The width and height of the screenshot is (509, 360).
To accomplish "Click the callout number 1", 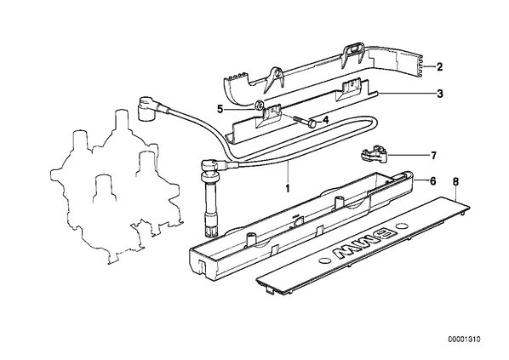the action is [x=288, y=188].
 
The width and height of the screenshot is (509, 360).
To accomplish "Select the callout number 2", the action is [x=439, y=67].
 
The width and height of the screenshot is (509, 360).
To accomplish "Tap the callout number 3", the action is [x=439, y=94].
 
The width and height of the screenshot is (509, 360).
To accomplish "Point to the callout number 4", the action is [x=326, y=120].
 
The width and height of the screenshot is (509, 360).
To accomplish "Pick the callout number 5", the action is [x=220, y=110].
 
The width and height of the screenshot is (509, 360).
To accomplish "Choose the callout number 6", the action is [x=433, y=181].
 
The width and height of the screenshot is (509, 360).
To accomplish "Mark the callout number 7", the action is [x=434, y=156].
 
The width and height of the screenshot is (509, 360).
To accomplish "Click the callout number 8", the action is [x=455, y=182].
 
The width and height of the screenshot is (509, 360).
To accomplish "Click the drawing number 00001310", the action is [x=464, y=340].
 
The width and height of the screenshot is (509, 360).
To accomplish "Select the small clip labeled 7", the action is [x=374, y=153].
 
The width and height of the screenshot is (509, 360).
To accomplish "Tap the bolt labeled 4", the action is [x=303, y=122].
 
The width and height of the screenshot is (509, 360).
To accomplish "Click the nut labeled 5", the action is [x=259, y=105].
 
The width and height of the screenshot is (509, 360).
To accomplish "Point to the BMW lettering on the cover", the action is [x=364, y=243].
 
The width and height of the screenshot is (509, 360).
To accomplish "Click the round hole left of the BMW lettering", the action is [x=324, y=260].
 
